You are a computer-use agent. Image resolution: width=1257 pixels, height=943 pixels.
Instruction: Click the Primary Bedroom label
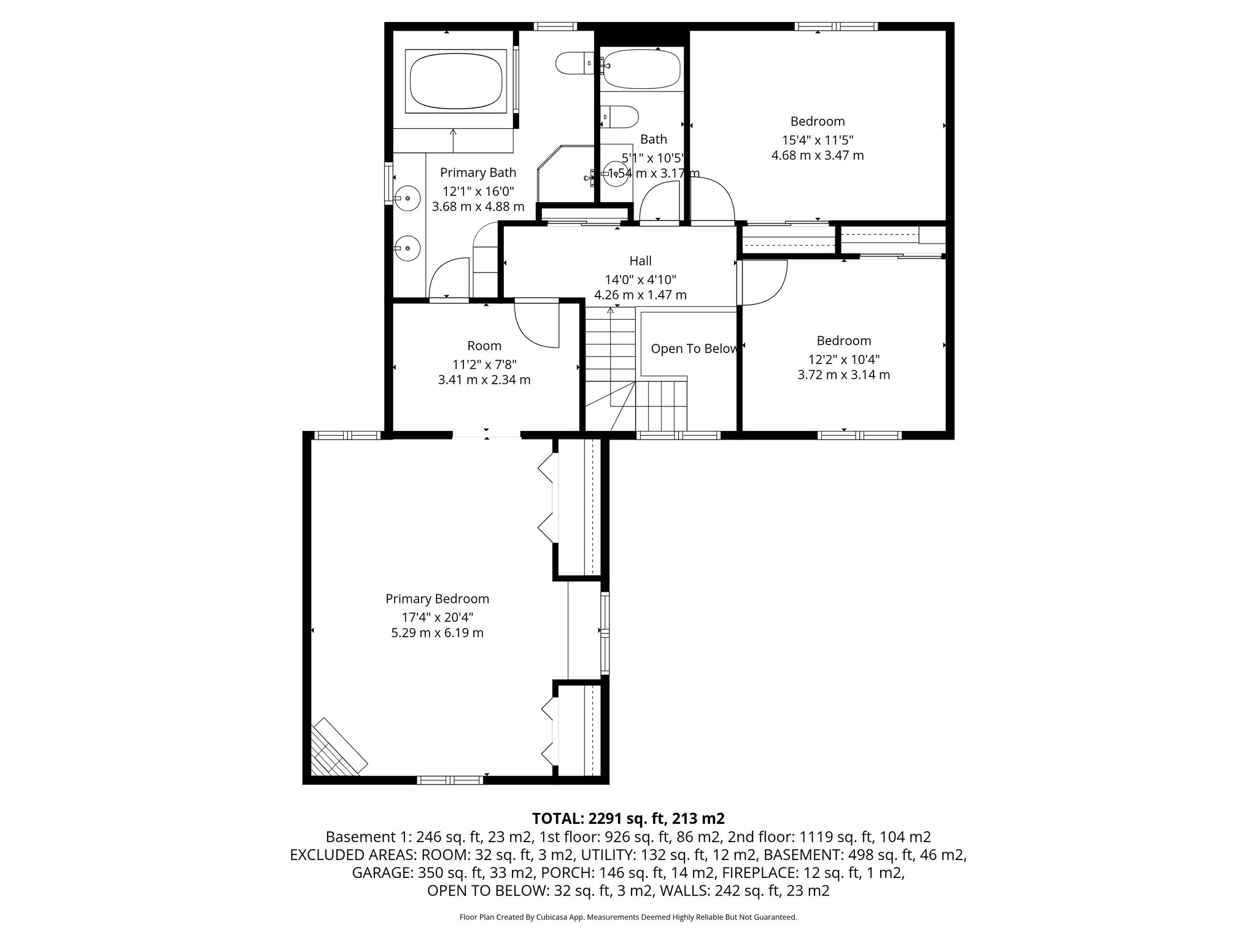[437, 599]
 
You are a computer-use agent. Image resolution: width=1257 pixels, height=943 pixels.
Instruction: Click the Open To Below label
[694, 349]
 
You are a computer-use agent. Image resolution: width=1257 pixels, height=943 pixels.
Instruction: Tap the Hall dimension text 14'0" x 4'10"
[640, 279]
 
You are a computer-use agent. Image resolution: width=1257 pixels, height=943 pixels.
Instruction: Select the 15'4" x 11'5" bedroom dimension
[818, 139]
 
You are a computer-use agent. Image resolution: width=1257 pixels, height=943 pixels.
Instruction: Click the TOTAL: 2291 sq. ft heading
[628, 818]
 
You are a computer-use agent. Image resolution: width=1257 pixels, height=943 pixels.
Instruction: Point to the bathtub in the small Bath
[642, 69]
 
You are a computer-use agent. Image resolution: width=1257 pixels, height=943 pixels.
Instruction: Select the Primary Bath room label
[478, 173]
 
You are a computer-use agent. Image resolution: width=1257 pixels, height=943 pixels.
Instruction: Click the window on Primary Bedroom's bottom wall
[450, 780]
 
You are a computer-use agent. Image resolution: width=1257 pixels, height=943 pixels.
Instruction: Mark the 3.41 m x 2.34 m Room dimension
[484, 380]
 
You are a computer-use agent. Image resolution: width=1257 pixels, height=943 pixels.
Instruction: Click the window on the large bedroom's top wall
[836, 26]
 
